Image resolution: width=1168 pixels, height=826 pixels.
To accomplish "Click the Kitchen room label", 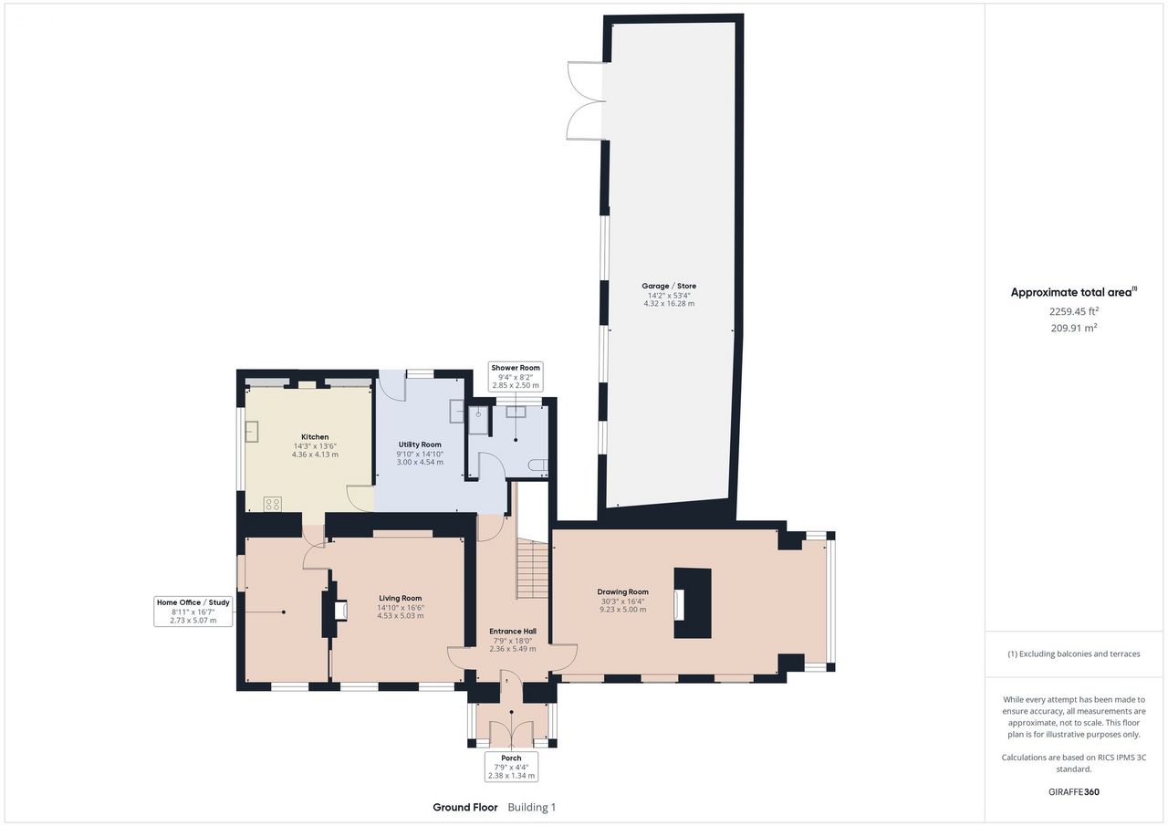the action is click(x=315, y=437).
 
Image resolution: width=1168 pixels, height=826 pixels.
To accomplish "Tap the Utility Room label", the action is click(x=420, y=444).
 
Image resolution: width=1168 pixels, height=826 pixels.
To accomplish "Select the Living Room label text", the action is click(x=401, y=598).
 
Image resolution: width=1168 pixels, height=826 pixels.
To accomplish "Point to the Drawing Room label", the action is click(x=622, y=591).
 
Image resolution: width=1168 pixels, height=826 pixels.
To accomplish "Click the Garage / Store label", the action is click(x=669, y=286).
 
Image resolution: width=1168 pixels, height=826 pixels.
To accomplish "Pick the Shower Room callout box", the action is click(x=516, y=377).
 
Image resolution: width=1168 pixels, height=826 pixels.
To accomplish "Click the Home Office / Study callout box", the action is click(x=193, y=612).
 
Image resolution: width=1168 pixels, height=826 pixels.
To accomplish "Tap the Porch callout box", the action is click(x=511, y=767).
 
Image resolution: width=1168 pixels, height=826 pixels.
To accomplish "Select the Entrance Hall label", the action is click(x=513, y=631).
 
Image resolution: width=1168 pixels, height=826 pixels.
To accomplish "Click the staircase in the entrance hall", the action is click(x=532, y=569).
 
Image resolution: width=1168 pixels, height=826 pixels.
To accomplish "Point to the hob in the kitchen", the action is click(x=273, y=504).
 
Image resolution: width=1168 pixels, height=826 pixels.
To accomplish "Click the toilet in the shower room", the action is click(x=539, y=465).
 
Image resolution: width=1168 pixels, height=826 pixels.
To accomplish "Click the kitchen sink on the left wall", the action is click(x=252, y=431).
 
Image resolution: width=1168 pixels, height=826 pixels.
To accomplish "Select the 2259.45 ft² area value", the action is click(x=1074, y=311).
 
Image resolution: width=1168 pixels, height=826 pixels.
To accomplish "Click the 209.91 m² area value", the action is click(x=1074, y=328).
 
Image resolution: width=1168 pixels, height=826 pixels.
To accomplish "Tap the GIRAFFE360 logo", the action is click(x=1074, y=791).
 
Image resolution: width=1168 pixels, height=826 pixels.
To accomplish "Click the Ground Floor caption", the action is click(x=465, y=807).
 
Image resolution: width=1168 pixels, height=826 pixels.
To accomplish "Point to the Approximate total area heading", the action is click(x=1074, y=292).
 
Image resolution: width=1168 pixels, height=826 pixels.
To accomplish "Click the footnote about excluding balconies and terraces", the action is click(x=1074, y=653).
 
